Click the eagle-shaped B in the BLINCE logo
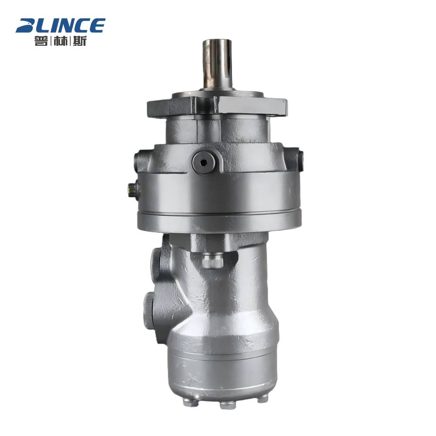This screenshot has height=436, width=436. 27,26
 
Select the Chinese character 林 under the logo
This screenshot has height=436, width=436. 60,41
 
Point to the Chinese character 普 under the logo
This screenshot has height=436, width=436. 41,41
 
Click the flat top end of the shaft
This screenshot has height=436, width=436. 217,41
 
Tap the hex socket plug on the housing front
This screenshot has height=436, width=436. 205,161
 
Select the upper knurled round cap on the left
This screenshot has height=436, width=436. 156,261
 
